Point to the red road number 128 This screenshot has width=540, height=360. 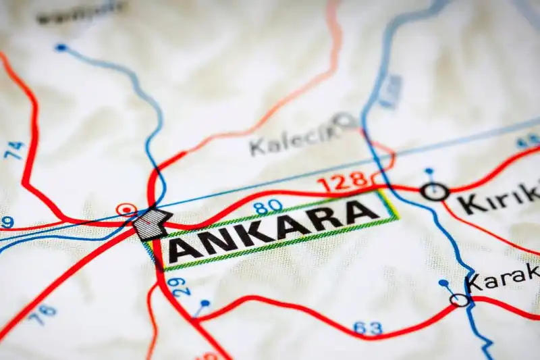click(x=342, y=182)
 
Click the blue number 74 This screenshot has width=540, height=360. click(x=14, y=150)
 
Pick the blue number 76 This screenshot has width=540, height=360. click(x=43, y=315)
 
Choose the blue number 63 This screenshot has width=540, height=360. click(x=367, y=328)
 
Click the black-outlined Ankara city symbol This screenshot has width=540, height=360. click(x=151, y=224)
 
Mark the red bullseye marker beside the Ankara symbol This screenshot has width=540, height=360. click(x=126, y=209)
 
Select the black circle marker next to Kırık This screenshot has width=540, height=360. click(x=435, y=192)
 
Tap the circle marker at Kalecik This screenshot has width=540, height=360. click(x=347, y=121)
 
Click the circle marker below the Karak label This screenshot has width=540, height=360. click(x=460, y=299)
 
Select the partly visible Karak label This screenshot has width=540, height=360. click(x=504, y=277)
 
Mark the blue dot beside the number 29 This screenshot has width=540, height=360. click(x=205, y=304)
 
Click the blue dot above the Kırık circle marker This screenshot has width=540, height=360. click(x=429, y=172)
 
